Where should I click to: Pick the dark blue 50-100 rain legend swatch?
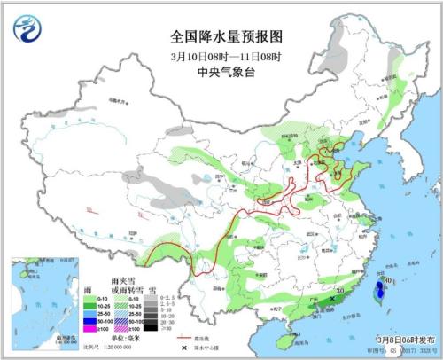click(x=91, y=320)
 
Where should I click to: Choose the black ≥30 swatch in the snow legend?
click(x=148, y=329)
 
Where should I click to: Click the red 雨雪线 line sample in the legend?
click(x=184, y=338)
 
